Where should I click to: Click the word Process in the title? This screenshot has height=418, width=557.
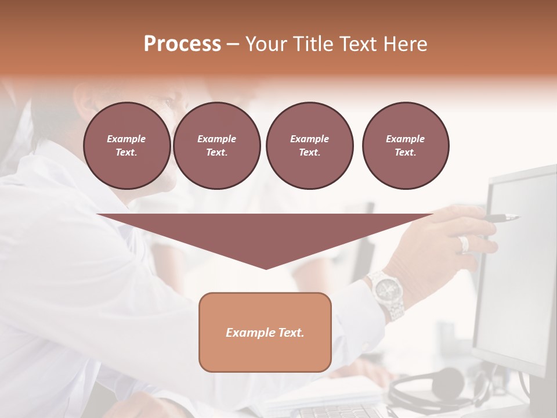pyautogui.click(x=182, y=44)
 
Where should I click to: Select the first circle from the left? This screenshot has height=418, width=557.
pyautogui.click(x=126, y=146)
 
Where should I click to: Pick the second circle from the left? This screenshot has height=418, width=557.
pyautogui.click(x=216, y=146)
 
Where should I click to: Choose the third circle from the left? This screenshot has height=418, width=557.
pyautogui.click(x=309, y=146)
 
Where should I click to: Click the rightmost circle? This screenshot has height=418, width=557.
pyautogui.click(x=405, y=146)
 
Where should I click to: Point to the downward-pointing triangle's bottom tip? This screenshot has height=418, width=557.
pyautogui.click(x=266, y=268)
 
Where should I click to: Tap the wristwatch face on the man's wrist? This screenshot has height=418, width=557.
pyautogui.click(x=384, y=286)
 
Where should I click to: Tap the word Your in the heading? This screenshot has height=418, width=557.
pyautogui.click(x=266, y=44)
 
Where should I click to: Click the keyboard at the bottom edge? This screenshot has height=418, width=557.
pyautogui.click(x=337, y=412)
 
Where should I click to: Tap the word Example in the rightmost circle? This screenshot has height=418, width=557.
pyautogui.click(x=405, y=139)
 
